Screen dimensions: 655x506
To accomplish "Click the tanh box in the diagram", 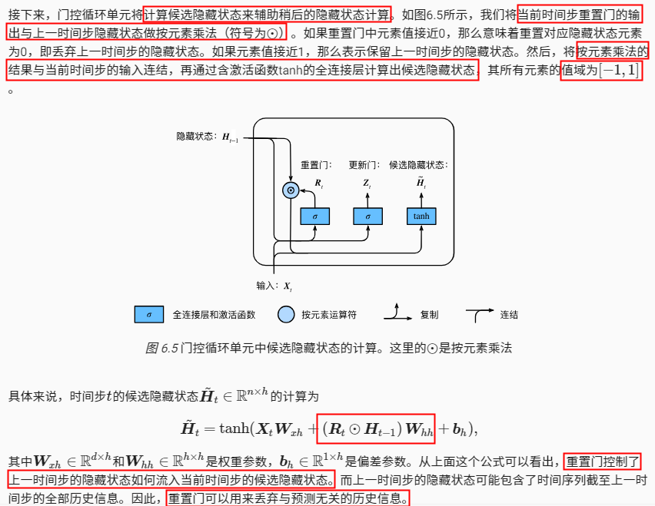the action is click(x=421, y=216).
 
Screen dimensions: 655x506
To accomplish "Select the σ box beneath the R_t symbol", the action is click(x=314, y=216).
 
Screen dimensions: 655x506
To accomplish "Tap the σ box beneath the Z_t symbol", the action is click(x=367, y=216).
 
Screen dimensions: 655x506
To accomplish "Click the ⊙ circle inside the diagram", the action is click(x=291, y=190).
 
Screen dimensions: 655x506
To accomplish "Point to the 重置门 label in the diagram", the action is click(x=315, y=164).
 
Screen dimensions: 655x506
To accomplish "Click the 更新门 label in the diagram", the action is click(x=364, y=164).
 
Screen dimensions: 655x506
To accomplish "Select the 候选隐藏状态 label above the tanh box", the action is click(x=418, y=164).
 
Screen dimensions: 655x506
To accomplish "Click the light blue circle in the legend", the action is click(x=285, y=315).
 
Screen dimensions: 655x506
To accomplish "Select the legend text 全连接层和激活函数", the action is click(x=214, y=315).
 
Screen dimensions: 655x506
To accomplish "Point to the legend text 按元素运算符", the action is click(x=329, y=315).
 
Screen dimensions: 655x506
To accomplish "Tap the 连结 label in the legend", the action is click(x=509, y=315).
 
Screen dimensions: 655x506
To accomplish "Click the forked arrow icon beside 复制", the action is click(x=401, y=313).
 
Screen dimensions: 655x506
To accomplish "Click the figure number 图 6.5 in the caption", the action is click(x=161, y=348).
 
